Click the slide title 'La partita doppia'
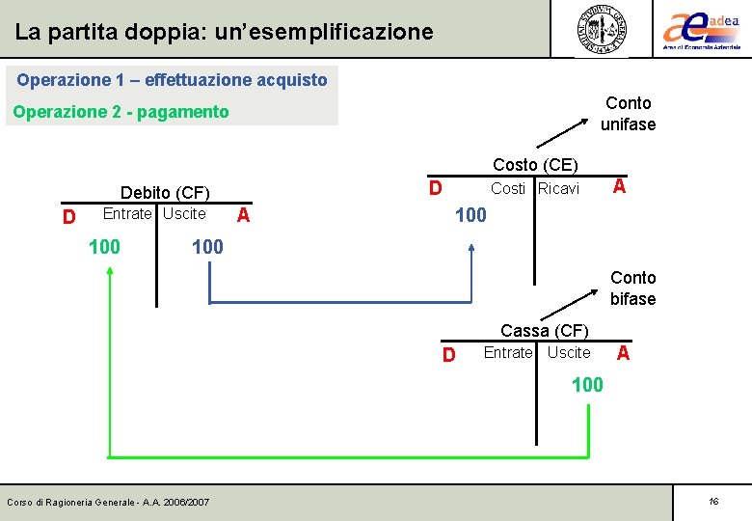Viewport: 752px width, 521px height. coord(224,32)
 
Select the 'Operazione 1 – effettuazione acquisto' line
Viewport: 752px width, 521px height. coord(172,79)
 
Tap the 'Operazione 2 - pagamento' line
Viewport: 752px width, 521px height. coord(121,112)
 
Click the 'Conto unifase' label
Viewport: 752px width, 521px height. coord(628,114)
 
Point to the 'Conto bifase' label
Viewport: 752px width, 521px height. coord(632,288)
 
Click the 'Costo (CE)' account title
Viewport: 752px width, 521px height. coord(535,166)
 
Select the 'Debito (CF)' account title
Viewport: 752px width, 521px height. coord(165,194)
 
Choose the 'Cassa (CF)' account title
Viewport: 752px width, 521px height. coord(544,332)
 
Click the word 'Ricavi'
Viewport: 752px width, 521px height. coord(558,189)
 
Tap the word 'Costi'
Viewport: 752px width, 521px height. coord(508,189)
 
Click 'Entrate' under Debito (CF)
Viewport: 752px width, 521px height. coord(127,213)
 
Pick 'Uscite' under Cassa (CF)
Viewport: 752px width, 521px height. coord(569,353)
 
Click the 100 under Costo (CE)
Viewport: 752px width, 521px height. coord(470,215)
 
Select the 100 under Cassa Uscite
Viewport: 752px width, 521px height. coord(587,385)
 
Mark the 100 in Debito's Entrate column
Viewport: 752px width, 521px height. coord(104,247)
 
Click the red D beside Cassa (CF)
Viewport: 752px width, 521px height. coord(448,355)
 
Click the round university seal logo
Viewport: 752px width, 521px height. coord(602,29)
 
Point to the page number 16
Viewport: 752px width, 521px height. coord(713,502)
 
